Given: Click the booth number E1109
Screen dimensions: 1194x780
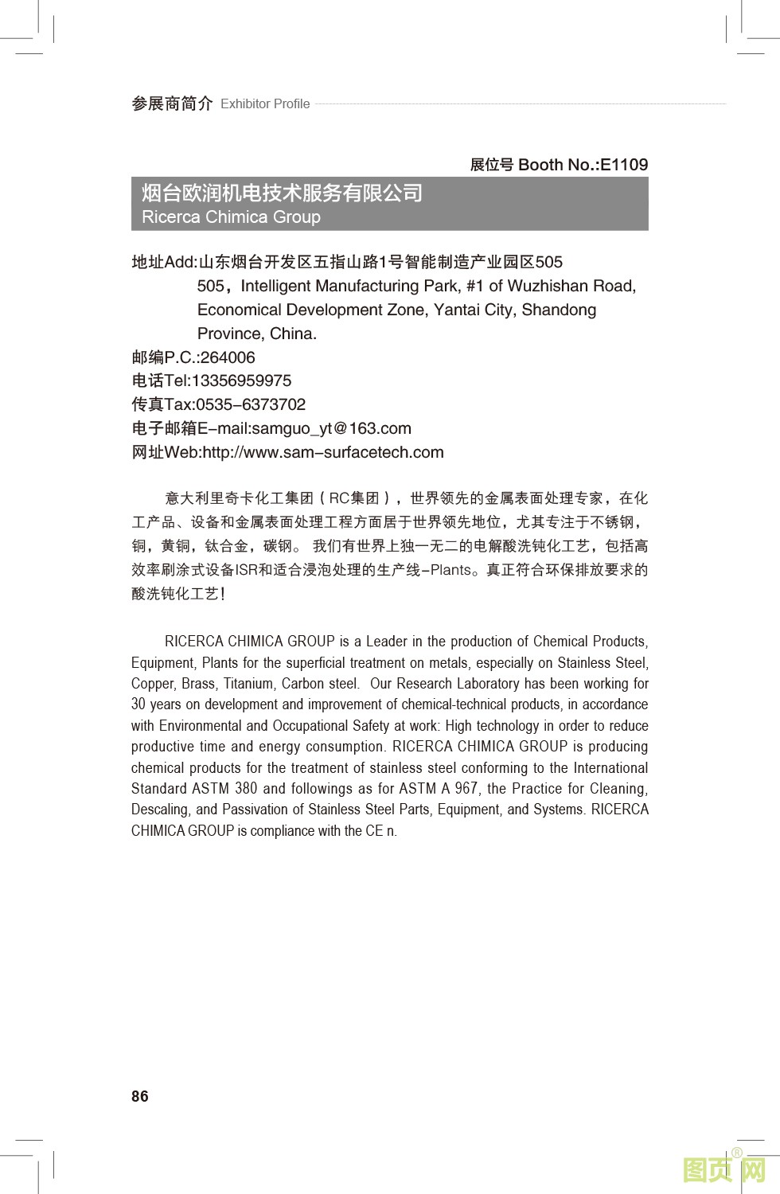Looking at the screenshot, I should (x=624, y=165).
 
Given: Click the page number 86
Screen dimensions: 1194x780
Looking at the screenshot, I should (x=140, y=1096).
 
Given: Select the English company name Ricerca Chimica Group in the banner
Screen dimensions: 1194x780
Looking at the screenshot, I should (x=231, y=217).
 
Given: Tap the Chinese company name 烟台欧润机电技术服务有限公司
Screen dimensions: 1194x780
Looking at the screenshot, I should (x=282, y=193).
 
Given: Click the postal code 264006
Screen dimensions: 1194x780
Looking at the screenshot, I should (x=228, y=357).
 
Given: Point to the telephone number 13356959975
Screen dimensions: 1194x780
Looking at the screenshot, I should (x=241, y=380).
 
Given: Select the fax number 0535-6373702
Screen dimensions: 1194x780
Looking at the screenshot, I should (x=251, y=404).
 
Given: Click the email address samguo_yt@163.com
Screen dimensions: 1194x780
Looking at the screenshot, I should (x=331, y=428).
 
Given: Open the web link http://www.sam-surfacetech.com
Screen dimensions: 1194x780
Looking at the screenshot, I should (x=323, y=452).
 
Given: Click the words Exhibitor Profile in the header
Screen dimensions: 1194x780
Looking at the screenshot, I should (x=265, y=103).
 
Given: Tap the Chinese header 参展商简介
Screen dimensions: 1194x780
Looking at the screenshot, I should (x=172, y=103).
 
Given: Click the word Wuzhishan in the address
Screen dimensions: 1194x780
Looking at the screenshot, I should (x=548, y=286).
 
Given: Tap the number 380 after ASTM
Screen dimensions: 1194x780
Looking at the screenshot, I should (x=246, y=789).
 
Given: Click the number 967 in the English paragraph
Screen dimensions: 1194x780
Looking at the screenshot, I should (x=466, y=789).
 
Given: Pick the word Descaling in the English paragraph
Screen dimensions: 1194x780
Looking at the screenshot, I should (x=160, y=810).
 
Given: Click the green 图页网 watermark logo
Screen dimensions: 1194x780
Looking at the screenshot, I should (x=724, y=1170).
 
